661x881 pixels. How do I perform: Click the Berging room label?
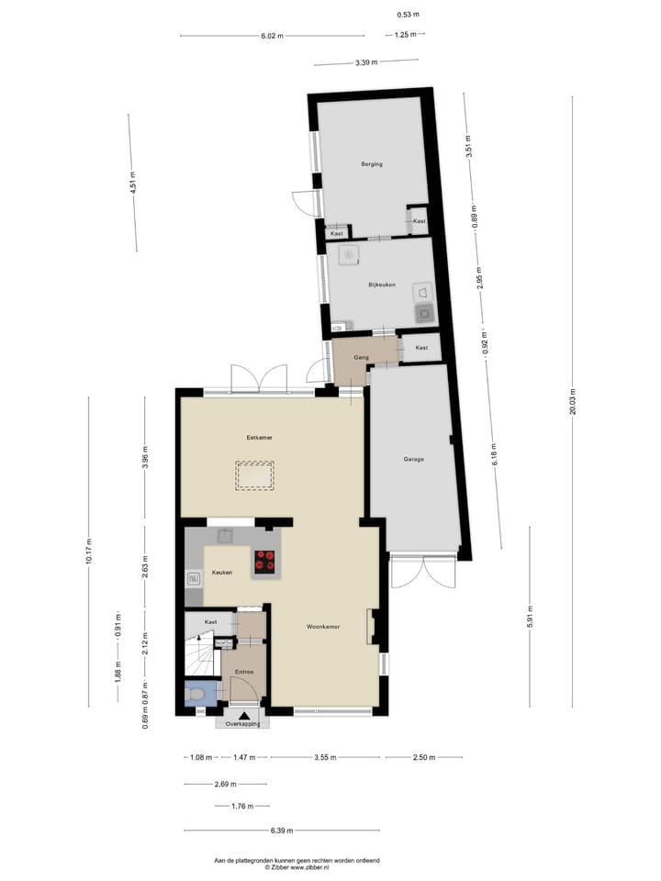click(x=371, y=164)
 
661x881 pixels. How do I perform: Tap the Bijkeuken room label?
click(x=381, y=285)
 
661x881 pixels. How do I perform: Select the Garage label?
click(x=413, y=459)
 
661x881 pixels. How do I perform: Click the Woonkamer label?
click(x=324, y=627)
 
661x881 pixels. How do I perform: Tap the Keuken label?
click(x=222, y=573)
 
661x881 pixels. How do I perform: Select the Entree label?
click(x=243, y=673)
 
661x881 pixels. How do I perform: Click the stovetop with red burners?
click(x=265, y=562)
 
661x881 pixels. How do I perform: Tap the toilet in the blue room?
click(x=196, y=695)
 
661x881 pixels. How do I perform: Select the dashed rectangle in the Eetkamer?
click(x=254, y=475)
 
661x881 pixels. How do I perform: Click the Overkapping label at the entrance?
click(x=242, y=724)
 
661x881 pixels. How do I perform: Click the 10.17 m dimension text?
click(x=88, y=552)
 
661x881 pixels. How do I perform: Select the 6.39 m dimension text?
click(x=282, y=831)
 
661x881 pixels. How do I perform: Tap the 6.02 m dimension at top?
click(x=272, y=36)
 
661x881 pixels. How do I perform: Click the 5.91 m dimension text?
click(x=530, y=617)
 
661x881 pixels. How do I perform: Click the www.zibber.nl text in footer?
click(x=309, y=866)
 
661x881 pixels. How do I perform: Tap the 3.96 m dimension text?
click(x=144, y=456)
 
